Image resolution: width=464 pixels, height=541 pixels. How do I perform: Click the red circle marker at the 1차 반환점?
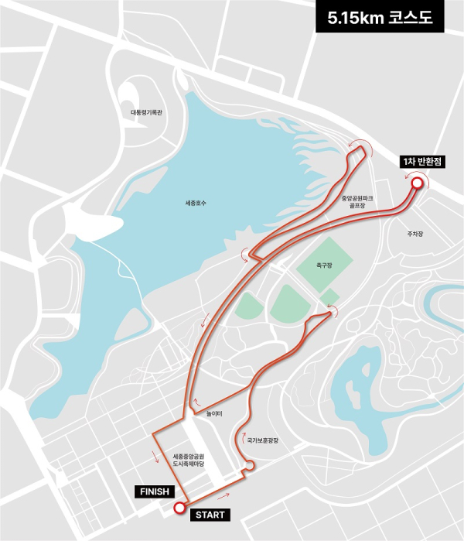417,183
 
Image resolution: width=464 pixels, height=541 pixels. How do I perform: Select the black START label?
211,515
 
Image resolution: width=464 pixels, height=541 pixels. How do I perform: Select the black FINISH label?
154,491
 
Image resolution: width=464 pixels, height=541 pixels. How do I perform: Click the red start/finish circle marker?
180,508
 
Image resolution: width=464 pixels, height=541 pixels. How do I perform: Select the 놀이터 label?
214,413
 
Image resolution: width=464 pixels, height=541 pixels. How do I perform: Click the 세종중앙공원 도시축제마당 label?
188,459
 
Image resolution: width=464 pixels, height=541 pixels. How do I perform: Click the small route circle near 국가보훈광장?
248,465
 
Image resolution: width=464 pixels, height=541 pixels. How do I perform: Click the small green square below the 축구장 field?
329,296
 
